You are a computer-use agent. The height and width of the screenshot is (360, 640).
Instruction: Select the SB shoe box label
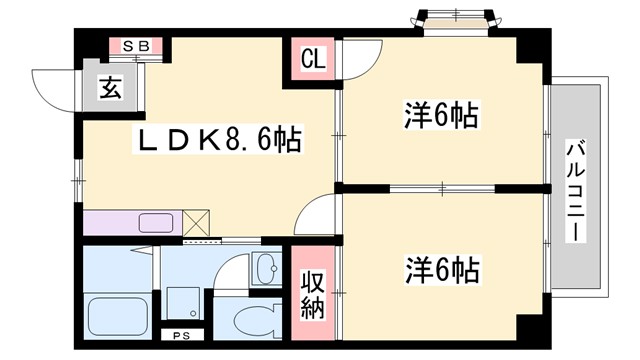pos(136,47)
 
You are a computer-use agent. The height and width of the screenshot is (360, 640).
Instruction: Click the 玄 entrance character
pos(109,88)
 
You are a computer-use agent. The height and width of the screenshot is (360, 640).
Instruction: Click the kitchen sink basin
pos(153,222)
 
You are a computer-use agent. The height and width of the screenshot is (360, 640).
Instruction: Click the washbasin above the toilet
pos(265,269)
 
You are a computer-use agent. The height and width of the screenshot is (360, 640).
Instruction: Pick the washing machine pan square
pos(182,300)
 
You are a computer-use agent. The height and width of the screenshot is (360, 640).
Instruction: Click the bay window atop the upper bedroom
pos(456,20)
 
